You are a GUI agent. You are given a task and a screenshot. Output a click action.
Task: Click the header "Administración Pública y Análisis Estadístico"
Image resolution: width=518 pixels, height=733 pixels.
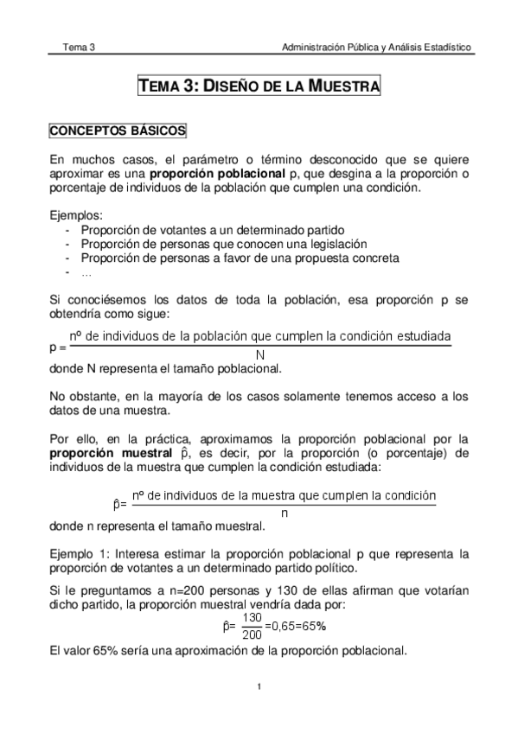(376, 47)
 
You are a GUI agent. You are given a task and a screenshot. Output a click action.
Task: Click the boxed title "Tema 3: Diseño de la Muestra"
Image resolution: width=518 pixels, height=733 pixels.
(259, 87)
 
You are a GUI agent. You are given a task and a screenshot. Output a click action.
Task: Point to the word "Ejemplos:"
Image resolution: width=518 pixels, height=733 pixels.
(76, 215)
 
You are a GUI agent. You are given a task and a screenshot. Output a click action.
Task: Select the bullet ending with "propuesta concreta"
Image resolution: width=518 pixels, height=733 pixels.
(240, 258)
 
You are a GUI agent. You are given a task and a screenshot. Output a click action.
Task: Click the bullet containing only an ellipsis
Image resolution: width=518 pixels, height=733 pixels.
(86, 271)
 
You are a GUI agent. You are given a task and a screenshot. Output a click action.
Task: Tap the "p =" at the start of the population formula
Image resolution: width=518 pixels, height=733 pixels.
(58, 347)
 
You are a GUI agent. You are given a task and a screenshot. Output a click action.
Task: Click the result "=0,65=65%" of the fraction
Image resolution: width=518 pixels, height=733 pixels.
(295, 625)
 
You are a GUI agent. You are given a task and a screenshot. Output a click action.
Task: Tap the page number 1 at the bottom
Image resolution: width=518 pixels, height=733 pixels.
(259, 687)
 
